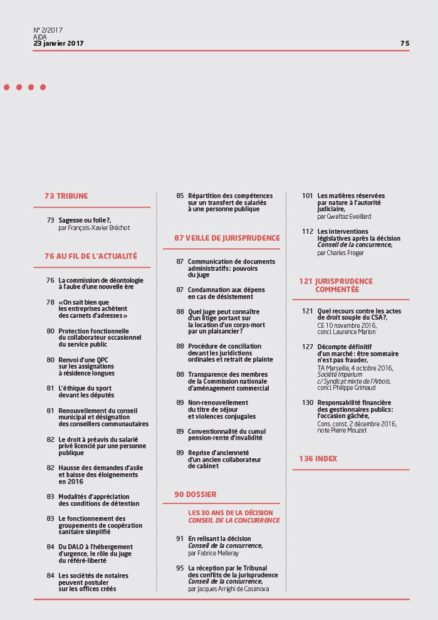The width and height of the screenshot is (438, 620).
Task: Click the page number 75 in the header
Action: tap(404, 43)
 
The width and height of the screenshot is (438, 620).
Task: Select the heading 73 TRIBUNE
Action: tap(66, 196)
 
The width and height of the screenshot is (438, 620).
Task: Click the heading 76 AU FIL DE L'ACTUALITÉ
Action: tap(90, 256)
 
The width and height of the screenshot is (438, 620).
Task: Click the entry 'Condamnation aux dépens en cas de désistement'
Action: tap(226, 293)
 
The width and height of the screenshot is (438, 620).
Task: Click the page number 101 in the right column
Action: tap(307, 196)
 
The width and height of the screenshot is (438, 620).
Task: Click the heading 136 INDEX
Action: tap(318, 459)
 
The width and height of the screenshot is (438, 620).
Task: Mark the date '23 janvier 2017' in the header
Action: tap(58, 43)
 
